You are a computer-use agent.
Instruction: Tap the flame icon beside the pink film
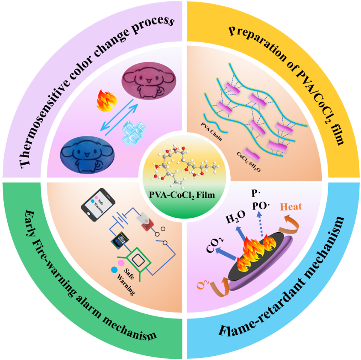tap(106, 101)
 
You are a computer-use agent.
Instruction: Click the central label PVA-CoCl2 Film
tap(182, 195)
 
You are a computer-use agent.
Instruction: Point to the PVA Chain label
tap(211, 132)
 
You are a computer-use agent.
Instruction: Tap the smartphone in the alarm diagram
tap(98, 205)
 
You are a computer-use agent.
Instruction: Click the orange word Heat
tap(291, 207)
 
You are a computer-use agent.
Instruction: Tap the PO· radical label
tap(261, 206)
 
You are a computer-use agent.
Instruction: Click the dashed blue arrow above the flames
tap(260, 224)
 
